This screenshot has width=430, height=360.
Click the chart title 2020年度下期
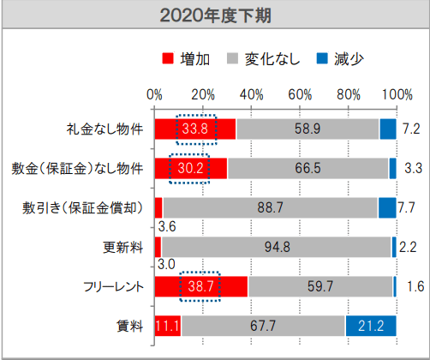click(x=215, y=15)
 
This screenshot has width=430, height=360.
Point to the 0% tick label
click(x=155, y=93)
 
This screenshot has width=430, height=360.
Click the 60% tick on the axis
click(x=301, y=93)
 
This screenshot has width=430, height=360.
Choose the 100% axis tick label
click(x=397, y=93)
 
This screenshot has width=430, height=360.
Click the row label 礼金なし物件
click(x=105, y=129)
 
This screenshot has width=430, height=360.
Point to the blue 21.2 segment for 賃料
click(x=371, y=326)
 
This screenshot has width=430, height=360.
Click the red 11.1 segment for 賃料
click(x=168, y=326)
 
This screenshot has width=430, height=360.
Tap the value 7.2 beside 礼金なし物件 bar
click(x=410, y=129)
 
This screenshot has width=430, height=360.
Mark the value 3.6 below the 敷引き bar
click(x=167, y=227)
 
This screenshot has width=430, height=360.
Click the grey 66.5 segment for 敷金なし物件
click(x=308, y=168)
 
